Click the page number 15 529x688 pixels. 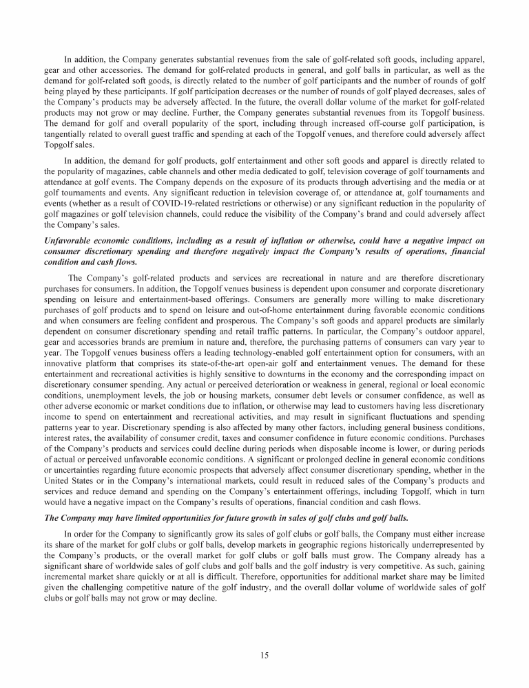point(264,654)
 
